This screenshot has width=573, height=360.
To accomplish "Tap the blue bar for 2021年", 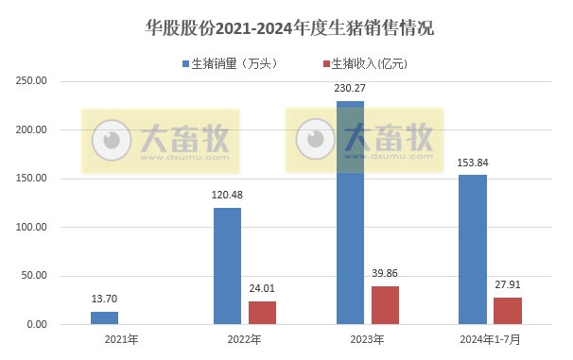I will click(104, 318).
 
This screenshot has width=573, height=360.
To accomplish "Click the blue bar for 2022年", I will click(227, 266).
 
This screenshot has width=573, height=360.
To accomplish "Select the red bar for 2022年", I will click(263, 313).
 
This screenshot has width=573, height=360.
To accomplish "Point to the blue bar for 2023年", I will click(350, 213).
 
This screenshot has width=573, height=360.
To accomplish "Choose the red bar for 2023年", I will click(386, 305).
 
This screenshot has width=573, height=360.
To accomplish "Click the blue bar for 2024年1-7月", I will click(472, 249).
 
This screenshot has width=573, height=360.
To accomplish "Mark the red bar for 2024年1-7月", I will click(508, 311).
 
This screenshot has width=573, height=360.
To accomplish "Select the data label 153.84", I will click(472, 163).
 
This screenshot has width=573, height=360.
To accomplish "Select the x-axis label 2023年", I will click(367, 338).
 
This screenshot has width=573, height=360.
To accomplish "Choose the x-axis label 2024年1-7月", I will click(490, 338).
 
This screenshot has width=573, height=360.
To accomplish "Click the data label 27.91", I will click(508, 285).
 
